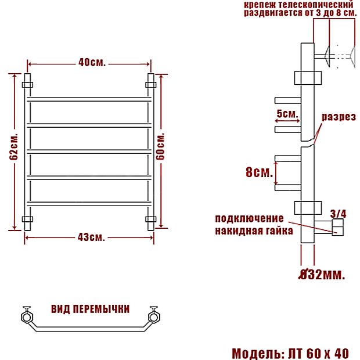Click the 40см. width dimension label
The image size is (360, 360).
[92, 62]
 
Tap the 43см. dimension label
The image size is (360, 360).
[91, 237]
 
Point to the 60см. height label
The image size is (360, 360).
[160, 146]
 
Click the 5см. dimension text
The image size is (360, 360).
[287, 113]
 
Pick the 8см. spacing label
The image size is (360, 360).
[259, 172]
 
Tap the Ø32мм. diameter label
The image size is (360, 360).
[322, 274]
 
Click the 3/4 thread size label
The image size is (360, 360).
[338, 214]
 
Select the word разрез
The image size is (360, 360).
[339, 117]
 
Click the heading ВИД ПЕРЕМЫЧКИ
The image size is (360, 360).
[90, 309]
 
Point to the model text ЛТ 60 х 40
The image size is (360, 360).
[318, 354]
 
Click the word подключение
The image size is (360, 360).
[249, 218]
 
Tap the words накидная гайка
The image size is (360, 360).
[254, 231]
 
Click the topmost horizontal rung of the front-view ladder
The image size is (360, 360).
[89, 99]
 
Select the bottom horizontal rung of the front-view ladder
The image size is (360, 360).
[89, 204]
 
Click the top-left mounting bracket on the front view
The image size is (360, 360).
[27, 85]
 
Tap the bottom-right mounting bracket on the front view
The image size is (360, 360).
[151, 219]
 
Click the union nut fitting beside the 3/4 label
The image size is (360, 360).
[338, 227]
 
